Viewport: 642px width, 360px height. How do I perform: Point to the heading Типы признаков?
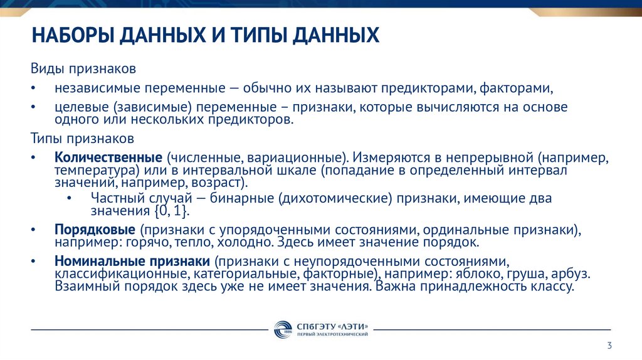83,137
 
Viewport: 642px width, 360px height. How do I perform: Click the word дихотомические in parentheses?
333,198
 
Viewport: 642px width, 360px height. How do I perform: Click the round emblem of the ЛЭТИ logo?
283,329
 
